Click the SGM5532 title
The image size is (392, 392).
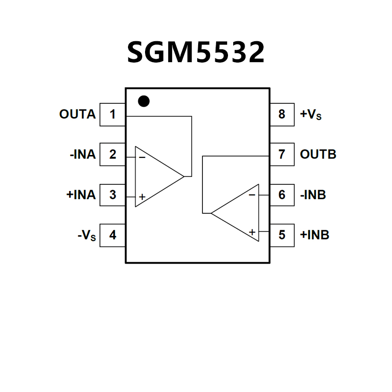click(x=196, y=52)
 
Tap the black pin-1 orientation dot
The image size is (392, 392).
click(x=143, y=101)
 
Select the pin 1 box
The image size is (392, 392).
click(x=112, y=114)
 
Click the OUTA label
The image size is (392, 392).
click(x=77, y=114)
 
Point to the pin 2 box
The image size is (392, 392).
click(x=112, y=155)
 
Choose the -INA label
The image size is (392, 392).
click(x=82, y=155)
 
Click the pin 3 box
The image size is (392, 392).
click(x=112, y=195)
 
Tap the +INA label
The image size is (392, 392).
click(x=81, y=195)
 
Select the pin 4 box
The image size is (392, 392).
click(x=112, y=235)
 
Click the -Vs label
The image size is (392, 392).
click(x=87, y=236)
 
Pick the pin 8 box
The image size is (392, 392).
click(x=282, y=114)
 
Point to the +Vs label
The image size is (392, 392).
click(x=311, y=115)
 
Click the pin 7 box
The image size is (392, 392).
click(x=282, y=155)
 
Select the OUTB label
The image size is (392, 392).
click(x=318, y=155)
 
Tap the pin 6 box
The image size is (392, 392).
click(x=282, y=195)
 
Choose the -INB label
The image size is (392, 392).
click(x=313, y=195)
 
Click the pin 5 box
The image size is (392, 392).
click(x=282, y=235)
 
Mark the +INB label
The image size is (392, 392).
click(x=315, y=235)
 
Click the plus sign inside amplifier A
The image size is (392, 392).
click(x=142, y=196)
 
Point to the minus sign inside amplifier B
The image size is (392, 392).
click(x=252, y=194)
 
